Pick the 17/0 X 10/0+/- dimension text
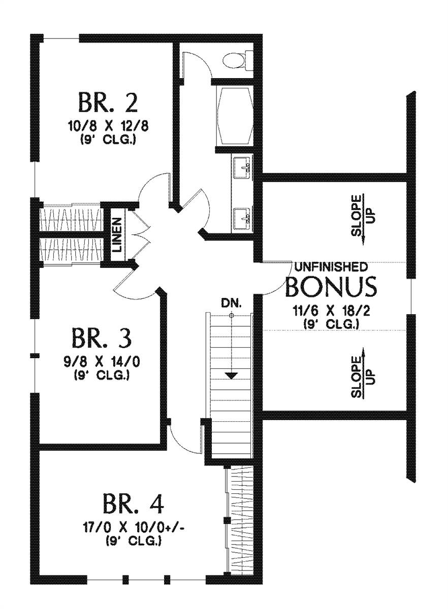134,530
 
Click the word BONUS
331,287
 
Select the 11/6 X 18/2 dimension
331,311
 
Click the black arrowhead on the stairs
232,376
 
